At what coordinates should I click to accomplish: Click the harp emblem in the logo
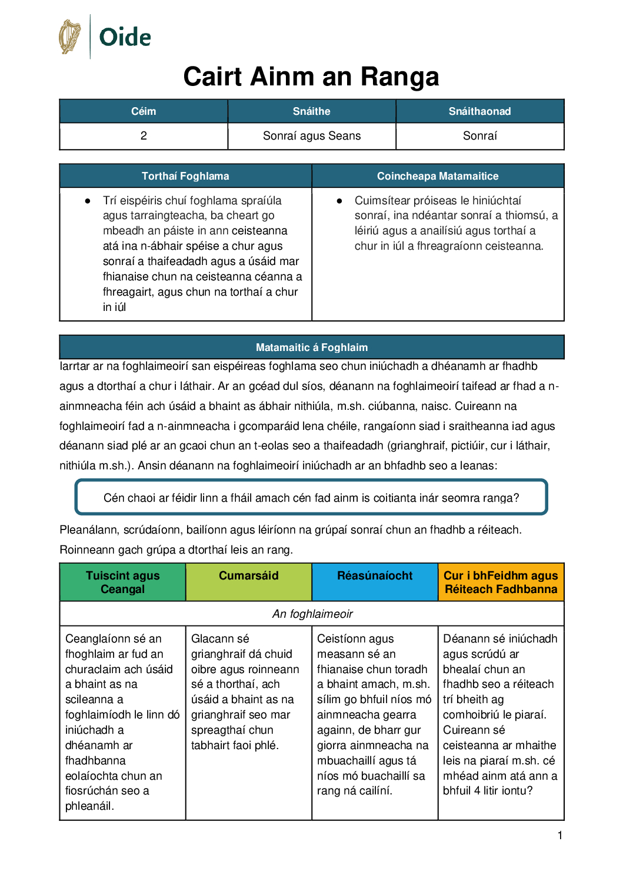coord(69,37)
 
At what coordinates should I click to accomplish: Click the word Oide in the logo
coord(125,37)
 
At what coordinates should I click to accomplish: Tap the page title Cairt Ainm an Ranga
coord(311,77)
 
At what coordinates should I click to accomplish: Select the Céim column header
coord(144,111)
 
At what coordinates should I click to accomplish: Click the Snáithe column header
coord(312,111)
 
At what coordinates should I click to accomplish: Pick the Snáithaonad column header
coord(479,111)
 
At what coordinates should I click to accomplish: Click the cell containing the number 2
coord(144,136)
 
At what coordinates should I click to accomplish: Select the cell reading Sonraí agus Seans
coord(312,136)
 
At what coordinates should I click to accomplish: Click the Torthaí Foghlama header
coord(185,176)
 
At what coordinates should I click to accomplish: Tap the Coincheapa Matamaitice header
coord(438,176)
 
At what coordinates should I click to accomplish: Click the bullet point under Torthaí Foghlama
coord(88,201)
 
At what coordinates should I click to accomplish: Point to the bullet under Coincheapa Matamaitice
coord(339,201)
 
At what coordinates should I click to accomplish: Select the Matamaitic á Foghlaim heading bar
coord(312,347)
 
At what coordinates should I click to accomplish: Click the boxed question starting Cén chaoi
coord(311,498)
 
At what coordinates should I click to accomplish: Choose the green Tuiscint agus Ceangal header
coord(122,582)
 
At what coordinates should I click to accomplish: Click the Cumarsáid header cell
coord(249,576)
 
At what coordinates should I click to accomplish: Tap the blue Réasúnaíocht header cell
coord(375,576)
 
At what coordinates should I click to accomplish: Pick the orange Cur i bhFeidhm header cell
coord(501,582)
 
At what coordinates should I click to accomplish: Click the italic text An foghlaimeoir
coord(312,614)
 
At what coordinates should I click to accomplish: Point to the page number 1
coord(560,835)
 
